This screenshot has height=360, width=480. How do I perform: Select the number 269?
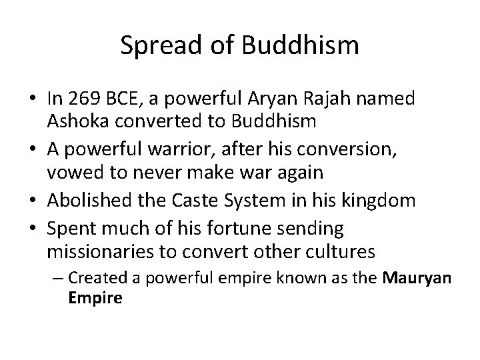83,100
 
